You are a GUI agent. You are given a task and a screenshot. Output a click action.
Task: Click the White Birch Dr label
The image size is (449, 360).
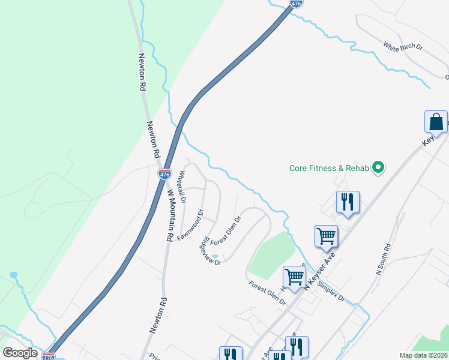(x=403, y=46)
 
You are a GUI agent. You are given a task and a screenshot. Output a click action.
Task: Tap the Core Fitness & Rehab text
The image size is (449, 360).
(x=328, y=169)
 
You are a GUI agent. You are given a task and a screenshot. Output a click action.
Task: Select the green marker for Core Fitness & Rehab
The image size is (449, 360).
(x=378, y=168)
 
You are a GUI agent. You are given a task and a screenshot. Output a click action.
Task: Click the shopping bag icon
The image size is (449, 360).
(x=436, y=122)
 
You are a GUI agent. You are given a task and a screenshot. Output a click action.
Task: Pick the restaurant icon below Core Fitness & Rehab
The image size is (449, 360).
(x=348, y=202)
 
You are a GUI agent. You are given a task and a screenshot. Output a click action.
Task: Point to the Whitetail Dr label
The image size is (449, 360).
(x=182, y=186)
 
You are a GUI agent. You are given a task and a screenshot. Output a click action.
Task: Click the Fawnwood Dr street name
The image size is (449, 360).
(x=191, y=225)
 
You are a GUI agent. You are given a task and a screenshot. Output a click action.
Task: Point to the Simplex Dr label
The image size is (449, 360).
(x=331, y=291)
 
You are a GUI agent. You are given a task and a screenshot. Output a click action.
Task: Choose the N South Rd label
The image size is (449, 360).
(x=382, y=259)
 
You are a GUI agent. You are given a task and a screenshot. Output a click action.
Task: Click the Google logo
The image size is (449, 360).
(x=20, y=353)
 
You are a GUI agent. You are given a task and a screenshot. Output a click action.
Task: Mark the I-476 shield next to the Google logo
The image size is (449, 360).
(x=49, y=356)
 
